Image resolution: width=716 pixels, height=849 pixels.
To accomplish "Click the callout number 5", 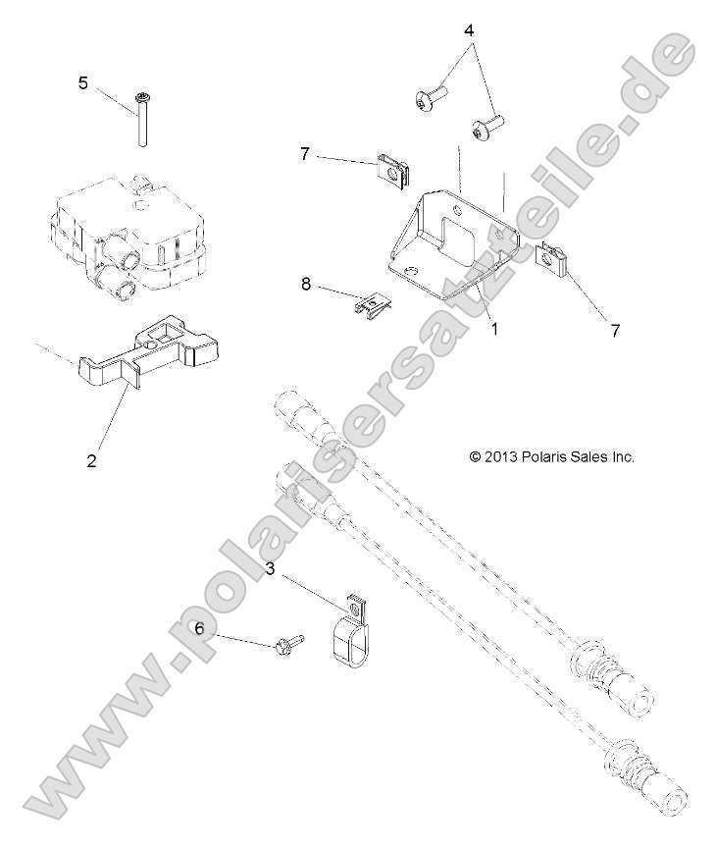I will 83,82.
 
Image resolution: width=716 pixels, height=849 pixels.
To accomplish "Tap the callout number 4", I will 469,29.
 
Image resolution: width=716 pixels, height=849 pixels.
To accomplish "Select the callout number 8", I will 306,284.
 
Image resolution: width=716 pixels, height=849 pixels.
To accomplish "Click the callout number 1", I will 494,330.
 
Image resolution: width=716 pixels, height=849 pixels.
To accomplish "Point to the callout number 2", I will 91,458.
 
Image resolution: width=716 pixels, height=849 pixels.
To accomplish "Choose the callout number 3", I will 271,568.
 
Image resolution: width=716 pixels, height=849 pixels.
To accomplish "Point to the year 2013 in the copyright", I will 500,456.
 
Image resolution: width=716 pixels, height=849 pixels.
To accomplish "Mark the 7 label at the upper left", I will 305,154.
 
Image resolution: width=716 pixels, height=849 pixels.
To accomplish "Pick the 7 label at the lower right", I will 615,331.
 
